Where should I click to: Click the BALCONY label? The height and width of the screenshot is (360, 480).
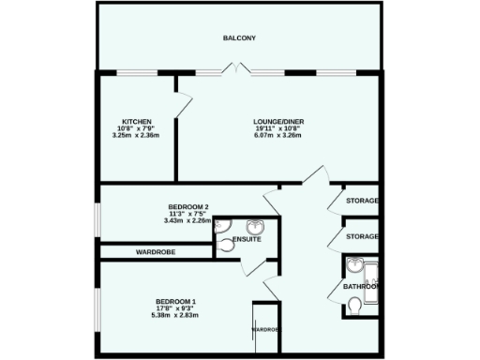pyautogui.click(x=239, y=38)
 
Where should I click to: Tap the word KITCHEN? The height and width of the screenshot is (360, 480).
pyautogui.click(x=136, y=122)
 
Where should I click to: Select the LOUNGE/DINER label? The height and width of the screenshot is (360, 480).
pyautogui.click(x=278, y=122)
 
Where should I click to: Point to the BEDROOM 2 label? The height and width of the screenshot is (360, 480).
pyautogui.click(x=187, y=206)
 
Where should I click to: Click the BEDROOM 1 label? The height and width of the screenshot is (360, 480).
pyautogui.click(x=175, y=301)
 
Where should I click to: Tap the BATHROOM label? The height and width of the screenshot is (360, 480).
pyautogui.click(x=359, y=286)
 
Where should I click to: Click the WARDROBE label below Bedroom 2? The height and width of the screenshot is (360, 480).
pyautogui.click(x=157, y=252)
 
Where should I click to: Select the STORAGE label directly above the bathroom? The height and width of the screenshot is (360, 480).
pyautogui.click(x=361, y=236)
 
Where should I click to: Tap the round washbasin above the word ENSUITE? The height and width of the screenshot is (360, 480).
pyautogui.click(x=254, y=227)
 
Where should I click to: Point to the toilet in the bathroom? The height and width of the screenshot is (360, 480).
pyautogui.click(x=354, y=307)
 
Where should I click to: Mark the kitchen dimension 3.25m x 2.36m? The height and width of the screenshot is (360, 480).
pyautogui.click(x=136, y=136)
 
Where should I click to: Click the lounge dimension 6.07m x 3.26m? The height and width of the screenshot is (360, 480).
pyautogui.click(x=278, y=136)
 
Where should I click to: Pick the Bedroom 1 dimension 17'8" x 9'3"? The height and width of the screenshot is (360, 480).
pyautogui.click(x=175, y=308)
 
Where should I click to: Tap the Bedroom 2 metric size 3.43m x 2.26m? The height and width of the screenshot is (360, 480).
pyautogui.click(x=187, y=221)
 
